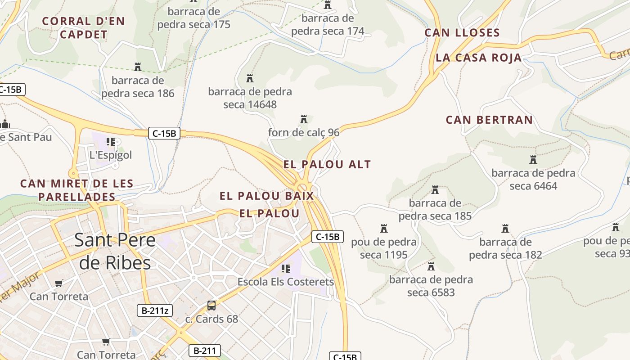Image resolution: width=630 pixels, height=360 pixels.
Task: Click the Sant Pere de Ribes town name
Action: pos(115,251)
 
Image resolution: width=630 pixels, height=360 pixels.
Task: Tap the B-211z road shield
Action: pos(155,310)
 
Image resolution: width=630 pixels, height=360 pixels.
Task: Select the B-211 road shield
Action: pos(204,351)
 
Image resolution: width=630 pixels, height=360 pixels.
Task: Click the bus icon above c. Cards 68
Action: pos(211,306)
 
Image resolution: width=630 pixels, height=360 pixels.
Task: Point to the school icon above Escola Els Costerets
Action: pos(286,269)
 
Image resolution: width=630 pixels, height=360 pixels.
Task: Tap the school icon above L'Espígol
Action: pos(111,142)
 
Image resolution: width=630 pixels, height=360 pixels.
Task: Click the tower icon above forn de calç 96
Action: pos(304,119)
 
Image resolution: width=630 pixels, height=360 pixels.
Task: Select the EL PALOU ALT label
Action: pos(327,164)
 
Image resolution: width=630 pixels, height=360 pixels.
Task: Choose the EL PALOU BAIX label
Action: pos(266,196)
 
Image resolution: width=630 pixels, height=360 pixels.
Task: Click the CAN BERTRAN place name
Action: pos(489,120)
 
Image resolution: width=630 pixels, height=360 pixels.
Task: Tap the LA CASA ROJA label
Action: pos(479,58)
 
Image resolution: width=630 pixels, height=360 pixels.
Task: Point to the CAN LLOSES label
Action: pos(462,33)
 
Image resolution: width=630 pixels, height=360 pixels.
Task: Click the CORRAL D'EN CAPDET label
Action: pos(83,27)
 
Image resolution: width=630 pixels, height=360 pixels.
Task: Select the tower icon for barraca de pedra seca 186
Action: pos(138,67)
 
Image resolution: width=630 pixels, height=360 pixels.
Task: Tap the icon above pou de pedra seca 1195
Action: pos(384,229)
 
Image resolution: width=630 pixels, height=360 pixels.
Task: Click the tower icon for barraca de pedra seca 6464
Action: pos(533,160)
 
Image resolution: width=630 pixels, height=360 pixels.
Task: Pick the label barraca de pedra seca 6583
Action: pos(431,286)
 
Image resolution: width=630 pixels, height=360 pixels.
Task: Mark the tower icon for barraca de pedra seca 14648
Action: pos(250,78)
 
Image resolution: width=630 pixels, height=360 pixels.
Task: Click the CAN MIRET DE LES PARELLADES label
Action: pos(77,190)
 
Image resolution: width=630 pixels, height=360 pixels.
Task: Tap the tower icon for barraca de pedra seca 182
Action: pos(505,229)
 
